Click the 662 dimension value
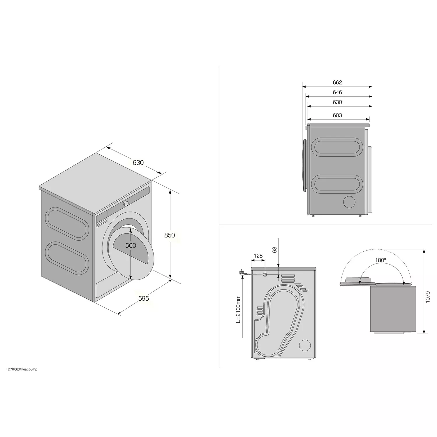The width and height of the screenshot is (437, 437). (337, 82)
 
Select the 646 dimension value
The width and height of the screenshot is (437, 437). (337, 92)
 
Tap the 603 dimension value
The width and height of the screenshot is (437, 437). (337, 115)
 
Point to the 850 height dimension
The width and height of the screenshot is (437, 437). (169, 235)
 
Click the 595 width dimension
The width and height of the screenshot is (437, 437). (144, 298)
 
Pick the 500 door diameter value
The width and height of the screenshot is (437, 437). (131, 246)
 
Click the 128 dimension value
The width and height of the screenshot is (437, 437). (258, 256)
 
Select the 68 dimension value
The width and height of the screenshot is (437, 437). (274, 250)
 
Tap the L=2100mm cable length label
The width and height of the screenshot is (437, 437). (238, 309)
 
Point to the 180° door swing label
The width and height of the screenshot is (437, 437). (380, 260)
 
